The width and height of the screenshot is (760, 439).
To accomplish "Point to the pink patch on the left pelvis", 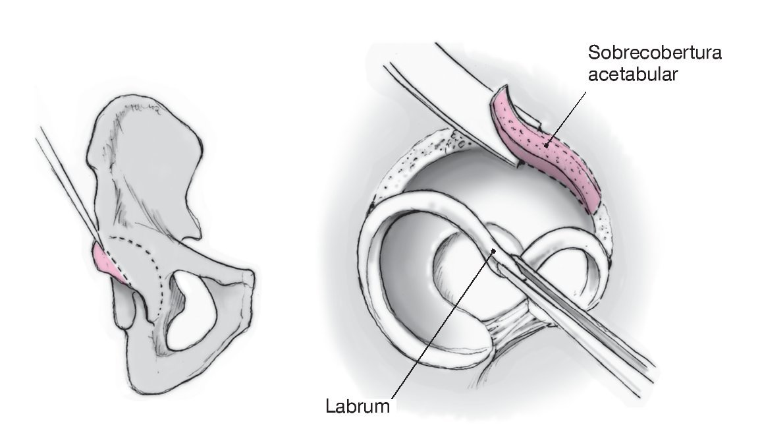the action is click(105, 260).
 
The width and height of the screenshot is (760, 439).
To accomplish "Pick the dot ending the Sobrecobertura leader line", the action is click(545, 140).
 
